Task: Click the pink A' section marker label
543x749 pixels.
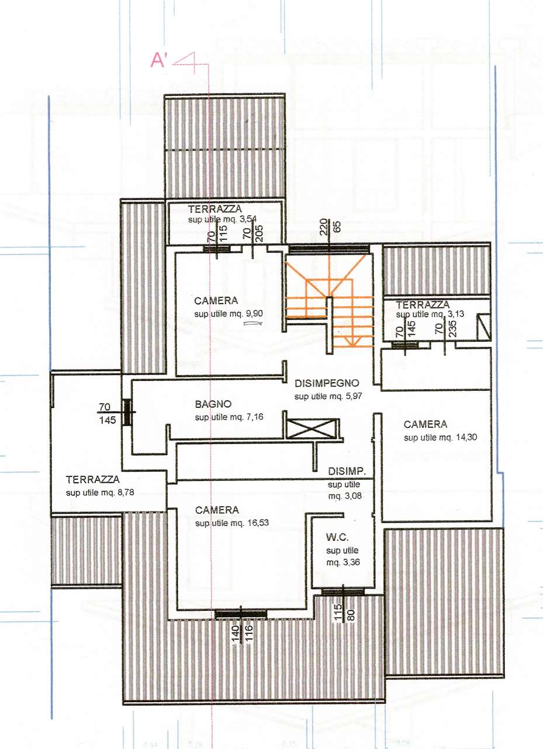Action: coord(158,61)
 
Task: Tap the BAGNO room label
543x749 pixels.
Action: coord(213,404)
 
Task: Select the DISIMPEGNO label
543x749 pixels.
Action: coord(327,383)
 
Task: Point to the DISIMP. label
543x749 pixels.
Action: coord(347,472)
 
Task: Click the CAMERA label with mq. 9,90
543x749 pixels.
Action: coord(216,301)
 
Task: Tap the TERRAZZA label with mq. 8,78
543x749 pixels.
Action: coord(92,479)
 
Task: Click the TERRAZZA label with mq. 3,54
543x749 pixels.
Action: coord(215,209)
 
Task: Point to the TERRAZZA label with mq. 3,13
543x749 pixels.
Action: coord(423,305)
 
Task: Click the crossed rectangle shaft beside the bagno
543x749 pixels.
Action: coord(311,429)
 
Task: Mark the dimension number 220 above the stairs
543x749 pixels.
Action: coord(323,227)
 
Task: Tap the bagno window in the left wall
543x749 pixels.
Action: coord(127,413)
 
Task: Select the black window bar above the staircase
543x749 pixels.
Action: coord(329,249)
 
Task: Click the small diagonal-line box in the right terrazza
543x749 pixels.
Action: coord(483,327)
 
